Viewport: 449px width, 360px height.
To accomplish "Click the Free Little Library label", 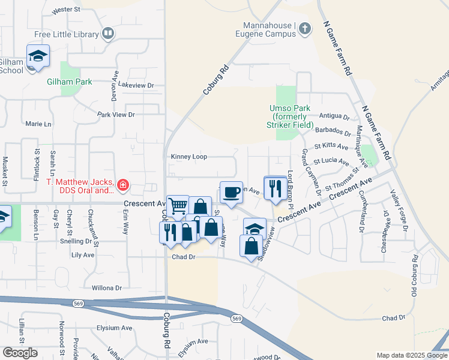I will (67, 34).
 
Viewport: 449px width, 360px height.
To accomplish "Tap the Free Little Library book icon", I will (108, 34).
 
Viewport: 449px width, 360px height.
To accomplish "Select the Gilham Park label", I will (70, 82).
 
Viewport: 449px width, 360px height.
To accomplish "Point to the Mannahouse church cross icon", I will (305, 28).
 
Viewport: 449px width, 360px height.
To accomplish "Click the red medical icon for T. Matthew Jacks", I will (123, 186).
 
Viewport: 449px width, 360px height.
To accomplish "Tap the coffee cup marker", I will (231, 192).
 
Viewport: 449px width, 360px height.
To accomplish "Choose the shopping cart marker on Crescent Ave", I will (178, 206).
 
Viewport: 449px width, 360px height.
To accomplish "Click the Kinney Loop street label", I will (189, 157).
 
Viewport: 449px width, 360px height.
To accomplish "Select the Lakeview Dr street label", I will (136, 85).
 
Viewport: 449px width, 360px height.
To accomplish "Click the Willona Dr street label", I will (107, 288).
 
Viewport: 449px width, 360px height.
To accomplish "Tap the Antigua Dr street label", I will (334, 116).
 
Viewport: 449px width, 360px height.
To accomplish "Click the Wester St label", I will (66, 10).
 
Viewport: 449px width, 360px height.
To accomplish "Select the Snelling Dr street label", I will (79, 241).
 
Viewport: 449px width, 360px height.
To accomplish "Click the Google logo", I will (20, 353).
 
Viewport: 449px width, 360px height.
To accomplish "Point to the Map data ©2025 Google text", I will (411, 355).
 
